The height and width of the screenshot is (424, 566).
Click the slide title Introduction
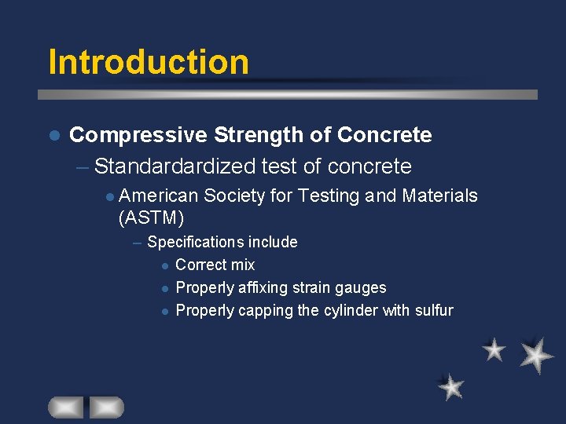pos(148,62)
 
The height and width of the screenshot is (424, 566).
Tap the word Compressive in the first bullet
pos(138,135)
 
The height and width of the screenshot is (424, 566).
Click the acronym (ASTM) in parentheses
pos(151,218)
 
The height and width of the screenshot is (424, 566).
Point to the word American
pos(161,196)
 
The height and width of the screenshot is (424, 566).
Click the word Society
pos(234,196)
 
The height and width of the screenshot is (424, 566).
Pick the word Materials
pos(439,196)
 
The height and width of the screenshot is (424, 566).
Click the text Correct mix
pos(215,265)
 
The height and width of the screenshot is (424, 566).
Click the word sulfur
pos(433,310)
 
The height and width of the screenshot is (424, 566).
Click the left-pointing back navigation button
pos(65,407)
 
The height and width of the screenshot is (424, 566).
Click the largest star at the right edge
pos(537,354)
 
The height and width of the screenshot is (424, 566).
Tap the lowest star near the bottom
pos(451,387)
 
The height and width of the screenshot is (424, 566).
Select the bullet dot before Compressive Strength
pos(53,136)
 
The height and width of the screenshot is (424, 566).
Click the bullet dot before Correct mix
pos(165,265)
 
